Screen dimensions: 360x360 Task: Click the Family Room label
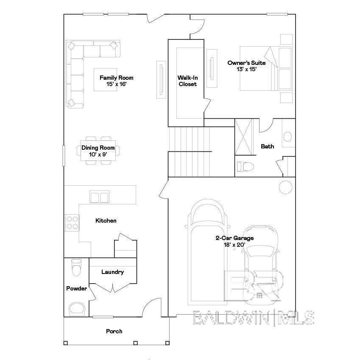coord(117,81)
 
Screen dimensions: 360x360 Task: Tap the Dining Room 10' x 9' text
coord(98,151)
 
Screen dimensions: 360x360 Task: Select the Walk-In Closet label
coord(187,81)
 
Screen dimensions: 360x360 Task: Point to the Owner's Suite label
coord(246,66)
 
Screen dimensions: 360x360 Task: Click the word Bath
coord(268,146)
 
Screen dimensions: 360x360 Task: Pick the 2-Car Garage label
coord(234,241)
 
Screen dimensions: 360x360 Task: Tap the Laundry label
coord(112,272)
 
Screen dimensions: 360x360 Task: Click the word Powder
coord(76,288)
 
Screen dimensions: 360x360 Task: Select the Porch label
coord(114,331)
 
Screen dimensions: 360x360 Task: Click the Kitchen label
coord(106,220)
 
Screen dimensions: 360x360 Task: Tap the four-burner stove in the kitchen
coord(72,223)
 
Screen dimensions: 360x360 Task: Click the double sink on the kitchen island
coord(99,197)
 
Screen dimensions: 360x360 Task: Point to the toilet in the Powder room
coord(76,268)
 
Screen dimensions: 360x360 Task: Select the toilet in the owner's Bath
coord(245,166)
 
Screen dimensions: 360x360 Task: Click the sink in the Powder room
coord(77,309)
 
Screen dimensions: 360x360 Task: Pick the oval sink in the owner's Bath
coord(287,137)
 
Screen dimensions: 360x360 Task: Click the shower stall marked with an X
coord(243,137)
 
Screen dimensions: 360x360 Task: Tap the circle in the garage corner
coord(286,187)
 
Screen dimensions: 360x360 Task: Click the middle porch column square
coord(135,343)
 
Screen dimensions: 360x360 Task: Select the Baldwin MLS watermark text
coord(254,318)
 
